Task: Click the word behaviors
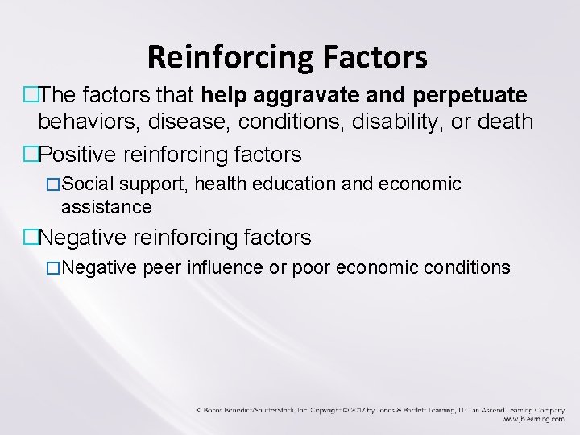coord(83,122)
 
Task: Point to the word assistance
coord(106,207)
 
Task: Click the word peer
coord(160,267)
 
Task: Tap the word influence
coord(222,267)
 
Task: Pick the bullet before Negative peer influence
coord(55,268)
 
